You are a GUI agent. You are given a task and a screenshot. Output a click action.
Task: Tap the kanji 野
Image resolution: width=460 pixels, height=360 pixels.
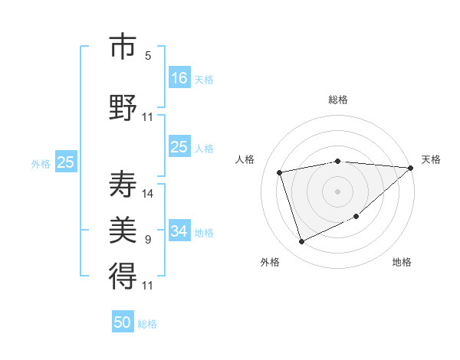tap(123, 106)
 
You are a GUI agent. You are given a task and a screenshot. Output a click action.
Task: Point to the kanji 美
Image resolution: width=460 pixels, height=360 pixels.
tap(123, 229)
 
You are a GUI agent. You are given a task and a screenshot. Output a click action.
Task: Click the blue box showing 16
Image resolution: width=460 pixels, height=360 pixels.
tap(179, 78)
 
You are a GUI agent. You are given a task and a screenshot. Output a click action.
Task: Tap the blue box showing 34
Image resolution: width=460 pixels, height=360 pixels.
tap(179, 231)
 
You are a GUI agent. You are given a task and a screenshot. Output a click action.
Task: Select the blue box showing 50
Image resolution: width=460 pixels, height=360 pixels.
tap(123, 322)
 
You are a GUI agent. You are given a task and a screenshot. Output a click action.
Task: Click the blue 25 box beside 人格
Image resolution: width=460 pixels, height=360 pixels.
tap(179, 148)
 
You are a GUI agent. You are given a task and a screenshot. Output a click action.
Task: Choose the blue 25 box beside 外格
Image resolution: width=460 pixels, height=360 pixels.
tap(65, 162)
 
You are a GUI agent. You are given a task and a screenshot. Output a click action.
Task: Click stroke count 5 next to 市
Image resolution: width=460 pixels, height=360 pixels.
tap(148, 56)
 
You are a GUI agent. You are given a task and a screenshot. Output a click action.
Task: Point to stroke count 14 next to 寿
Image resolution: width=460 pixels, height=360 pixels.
tap(148, 194)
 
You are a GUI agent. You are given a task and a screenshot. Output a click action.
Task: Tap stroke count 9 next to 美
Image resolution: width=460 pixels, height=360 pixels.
tap(148, 240)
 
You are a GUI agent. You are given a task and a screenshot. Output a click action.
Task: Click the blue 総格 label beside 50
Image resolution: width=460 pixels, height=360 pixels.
tap(147, 324)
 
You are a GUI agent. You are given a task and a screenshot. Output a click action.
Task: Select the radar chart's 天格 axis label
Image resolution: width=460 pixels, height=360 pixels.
tap(431, 159)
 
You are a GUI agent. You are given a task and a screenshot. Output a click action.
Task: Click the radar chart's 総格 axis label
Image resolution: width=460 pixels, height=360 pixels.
tap(338, 100)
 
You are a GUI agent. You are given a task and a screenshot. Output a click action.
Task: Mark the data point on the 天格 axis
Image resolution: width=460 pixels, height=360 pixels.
tap(410, 168)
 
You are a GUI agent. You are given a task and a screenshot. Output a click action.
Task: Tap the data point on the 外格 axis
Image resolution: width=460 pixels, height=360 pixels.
tap(301, 242)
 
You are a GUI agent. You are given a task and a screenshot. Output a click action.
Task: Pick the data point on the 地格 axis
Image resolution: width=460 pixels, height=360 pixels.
tap(356, 218)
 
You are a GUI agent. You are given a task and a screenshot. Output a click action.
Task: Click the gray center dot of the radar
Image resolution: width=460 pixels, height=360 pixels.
tap(338, 191)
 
